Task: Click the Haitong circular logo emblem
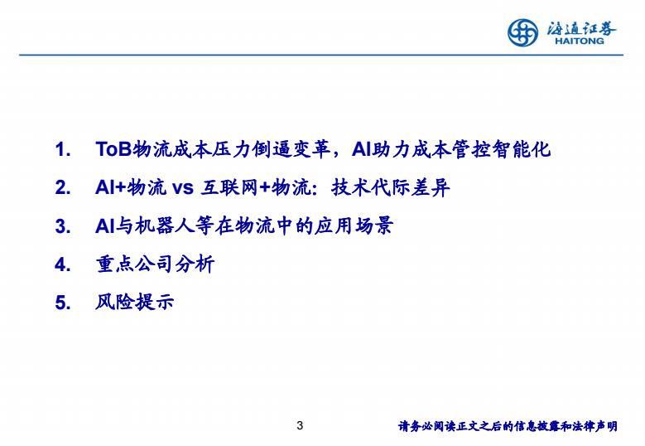point(522,32)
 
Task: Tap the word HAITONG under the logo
point(580,41)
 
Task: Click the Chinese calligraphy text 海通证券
point(581,28)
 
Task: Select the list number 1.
point(63,149)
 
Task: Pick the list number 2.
point(63,188)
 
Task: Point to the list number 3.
point(63,226)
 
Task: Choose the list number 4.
point(63,264)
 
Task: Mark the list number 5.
point(63,303)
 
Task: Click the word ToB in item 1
point(113,149)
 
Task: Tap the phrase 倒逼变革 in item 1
point(291,149)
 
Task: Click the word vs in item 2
point(182,188)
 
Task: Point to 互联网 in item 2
point(229,188)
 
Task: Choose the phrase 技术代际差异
point(390,188)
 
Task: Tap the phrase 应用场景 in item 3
point(354,226)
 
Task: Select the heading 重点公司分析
point(155,264)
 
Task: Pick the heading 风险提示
point(135,303)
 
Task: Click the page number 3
point(300,426)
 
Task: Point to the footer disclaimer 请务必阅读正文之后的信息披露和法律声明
point(508,426)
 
